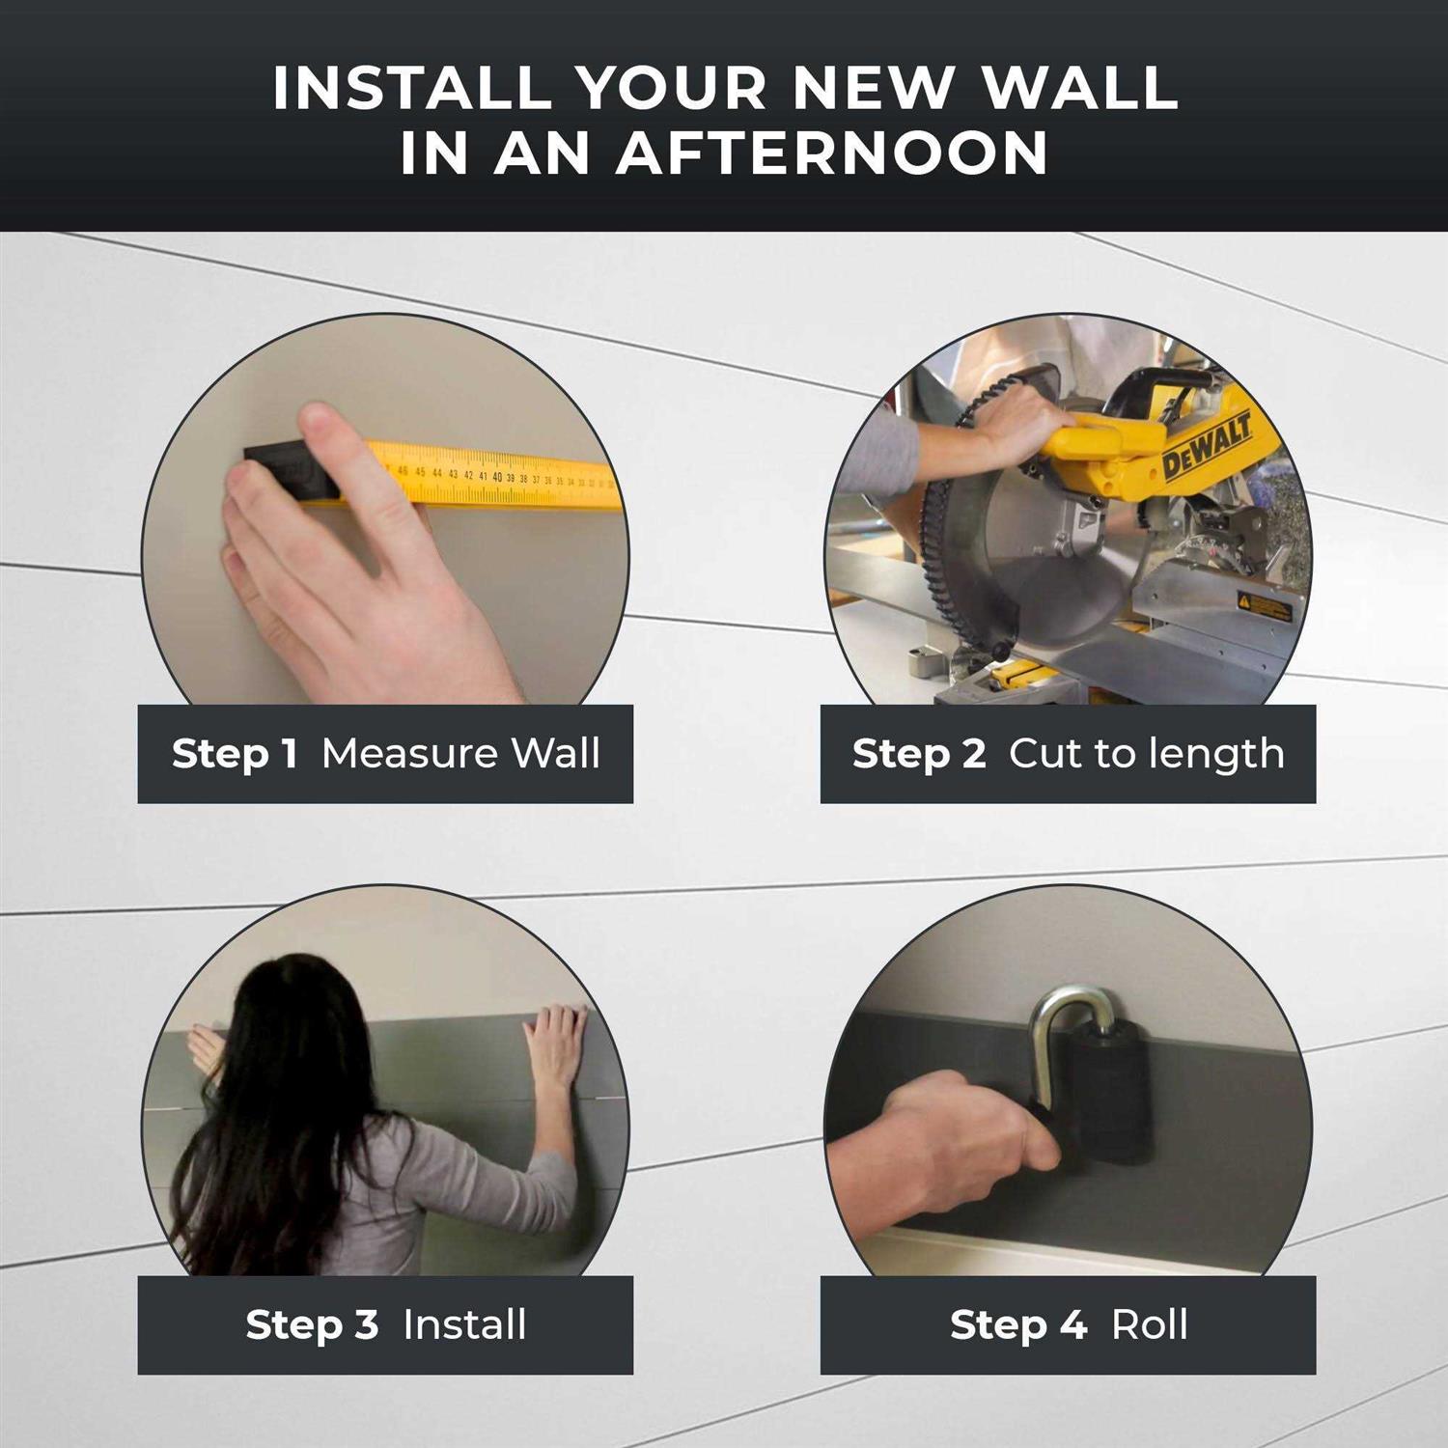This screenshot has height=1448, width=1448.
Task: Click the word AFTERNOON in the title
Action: tap(832, 153)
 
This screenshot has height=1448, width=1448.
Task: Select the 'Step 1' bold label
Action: tap(235, 754)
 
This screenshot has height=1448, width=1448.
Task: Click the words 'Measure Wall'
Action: tap(460, 754)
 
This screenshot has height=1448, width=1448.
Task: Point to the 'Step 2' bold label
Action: tap(918, 754)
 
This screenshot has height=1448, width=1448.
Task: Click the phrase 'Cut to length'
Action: tap(1146, 754)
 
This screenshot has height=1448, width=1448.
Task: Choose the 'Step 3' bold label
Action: tap(311, 1324)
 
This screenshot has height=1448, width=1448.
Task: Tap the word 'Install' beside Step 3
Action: tap(464, 1324)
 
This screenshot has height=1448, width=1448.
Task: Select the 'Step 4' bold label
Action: tap(1017, 1324)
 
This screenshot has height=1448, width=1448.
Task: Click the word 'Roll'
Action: tap(1149, 1324)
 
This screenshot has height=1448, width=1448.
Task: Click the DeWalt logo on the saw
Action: tap(1206, 447)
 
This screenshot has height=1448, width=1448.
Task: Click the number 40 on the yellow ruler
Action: tap(497, 477)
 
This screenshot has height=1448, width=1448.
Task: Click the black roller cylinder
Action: tap(1110, 1100)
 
